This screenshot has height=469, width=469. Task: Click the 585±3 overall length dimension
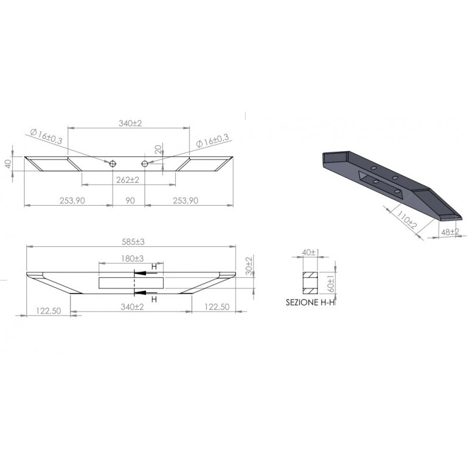[133, 242]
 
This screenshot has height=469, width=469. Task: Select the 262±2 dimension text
[128, 180]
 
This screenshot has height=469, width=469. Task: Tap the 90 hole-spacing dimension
[130, 200]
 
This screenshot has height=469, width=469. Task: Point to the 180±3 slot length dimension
[132, 259]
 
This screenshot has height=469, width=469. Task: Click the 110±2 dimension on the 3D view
[406, 219]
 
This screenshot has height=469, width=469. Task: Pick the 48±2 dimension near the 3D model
[450, 232]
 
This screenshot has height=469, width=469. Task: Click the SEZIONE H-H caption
[310, 303]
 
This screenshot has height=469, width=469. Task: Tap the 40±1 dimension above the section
[311, 253]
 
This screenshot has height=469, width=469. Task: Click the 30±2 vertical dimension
[249, 266]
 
